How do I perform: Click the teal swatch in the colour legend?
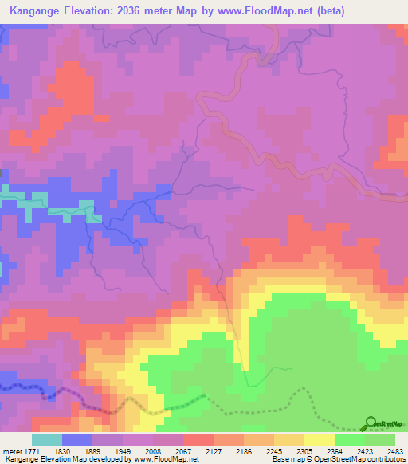click(x=47, y=440)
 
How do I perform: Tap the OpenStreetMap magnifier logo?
click(x=370, y=423)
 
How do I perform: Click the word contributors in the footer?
click(x=386, y=460)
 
